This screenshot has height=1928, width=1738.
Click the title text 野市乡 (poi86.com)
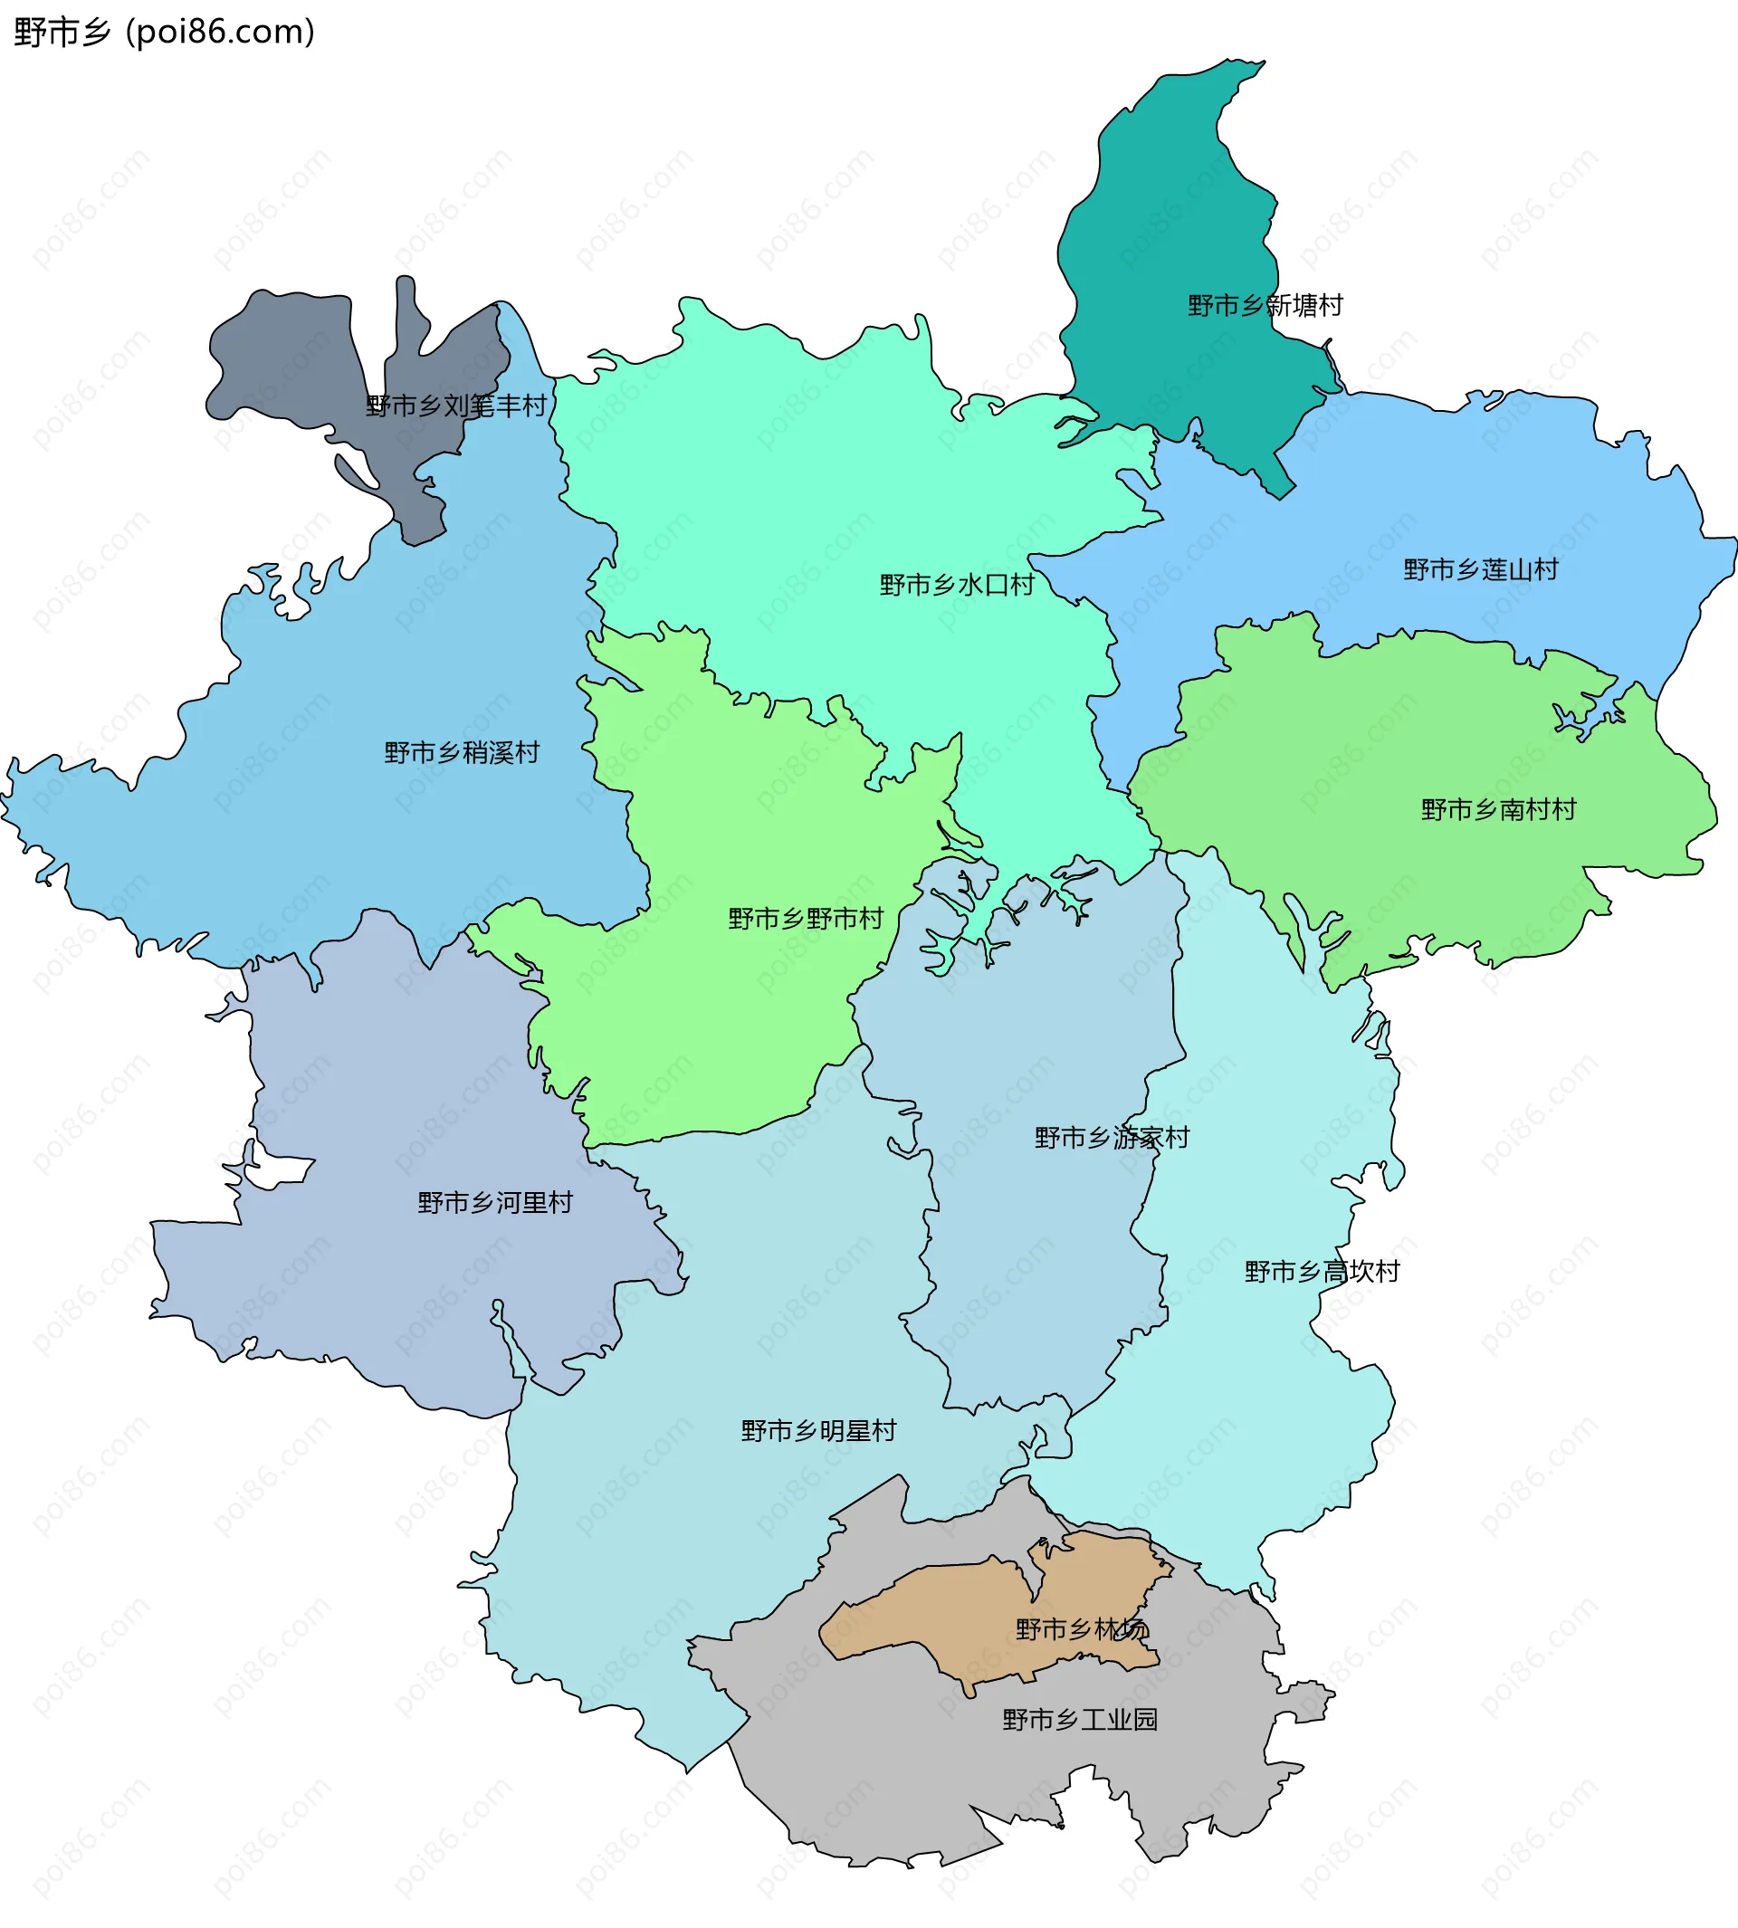point(164,33)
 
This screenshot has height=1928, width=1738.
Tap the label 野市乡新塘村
point(1265,306)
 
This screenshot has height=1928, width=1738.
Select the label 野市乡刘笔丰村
point(455,406)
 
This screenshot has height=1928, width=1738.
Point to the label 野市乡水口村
point(957,585)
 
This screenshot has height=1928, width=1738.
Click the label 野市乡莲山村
point(1480,570)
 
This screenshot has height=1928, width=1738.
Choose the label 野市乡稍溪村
point(462,752)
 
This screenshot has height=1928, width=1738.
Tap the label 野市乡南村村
point(1497,810)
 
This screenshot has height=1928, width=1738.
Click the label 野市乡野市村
point(805,919)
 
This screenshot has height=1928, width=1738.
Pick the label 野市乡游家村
point(1112,1137)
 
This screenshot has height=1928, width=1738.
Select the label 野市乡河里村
point(494,1202)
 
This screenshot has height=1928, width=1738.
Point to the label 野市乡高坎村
point(1322,1271)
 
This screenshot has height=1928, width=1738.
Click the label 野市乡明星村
point(818,1430)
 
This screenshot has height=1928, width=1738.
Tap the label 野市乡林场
point(1081,1629)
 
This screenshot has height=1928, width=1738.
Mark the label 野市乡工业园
point(1079,1720)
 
